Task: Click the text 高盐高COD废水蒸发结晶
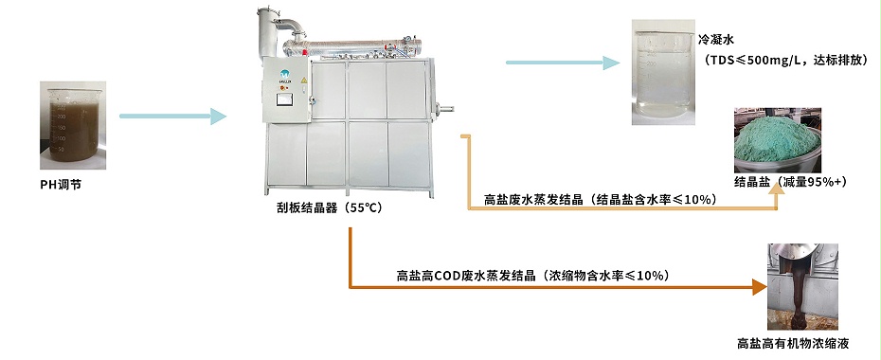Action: [464, 276]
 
